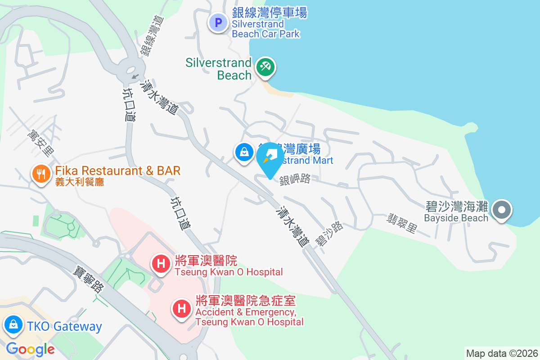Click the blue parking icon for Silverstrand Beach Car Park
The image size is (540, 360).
218,22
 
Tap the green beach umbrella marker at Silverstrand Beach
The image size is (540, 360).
265,67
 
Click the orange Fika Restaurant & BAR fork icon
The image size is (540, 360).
41,173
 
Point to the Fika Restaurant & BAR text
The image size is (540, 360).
118,171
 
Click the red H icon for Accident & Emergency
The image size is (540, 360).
182,309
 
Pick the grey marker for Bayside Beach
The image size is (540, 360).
502,210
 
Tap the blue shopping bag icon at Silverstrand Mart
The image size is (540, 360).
243,152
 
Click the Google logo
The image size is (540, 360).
30,349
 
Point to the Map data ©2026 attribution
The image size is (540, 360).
502,353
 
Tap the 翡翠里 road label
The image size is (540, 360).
402,223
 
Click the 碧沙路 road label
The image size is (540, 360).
330,233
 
